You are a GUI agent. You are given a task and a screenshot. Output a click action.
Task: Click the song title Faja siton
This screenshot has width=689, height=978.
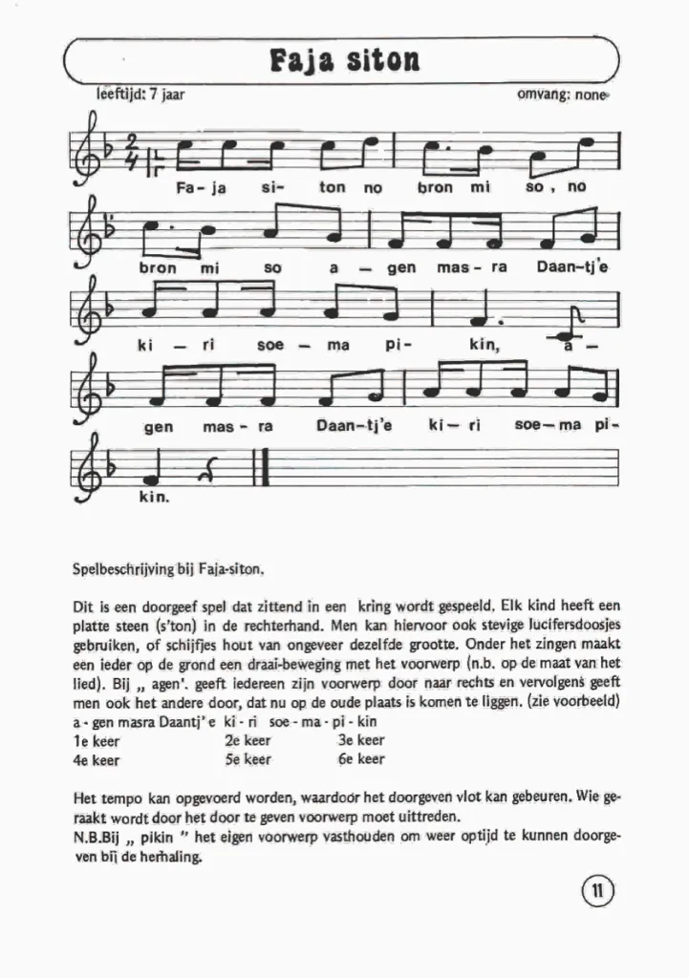[x=345, y=60]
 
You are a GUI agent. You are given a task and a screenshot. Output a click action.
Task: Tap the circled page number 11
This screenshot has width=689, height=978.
[x=596, y=893]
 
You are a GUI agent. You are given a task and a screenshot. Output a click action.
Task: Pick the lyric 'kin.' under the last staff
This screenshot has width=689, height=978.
[x=154, y=498]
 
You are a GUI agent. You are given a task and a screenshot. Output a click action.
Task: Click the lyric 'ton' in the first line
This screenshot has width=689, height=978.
[x=332, y=188]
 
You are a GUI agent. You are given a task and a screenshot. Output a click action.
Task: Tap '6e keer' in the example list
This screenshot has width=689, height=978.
[x=361, y=759]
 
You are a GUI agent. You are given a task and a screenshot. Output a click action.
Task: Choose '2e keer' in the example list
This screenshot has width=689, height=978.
[x=248, y=739]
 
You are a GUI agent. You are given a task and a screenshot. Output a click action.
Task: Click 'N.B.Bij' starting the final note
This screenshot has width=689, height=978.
[x=95, y=837]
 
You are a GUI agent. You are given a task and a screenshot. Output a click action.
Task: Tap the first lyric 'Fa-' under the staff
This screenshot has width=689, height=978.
[x=186, y=188]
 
